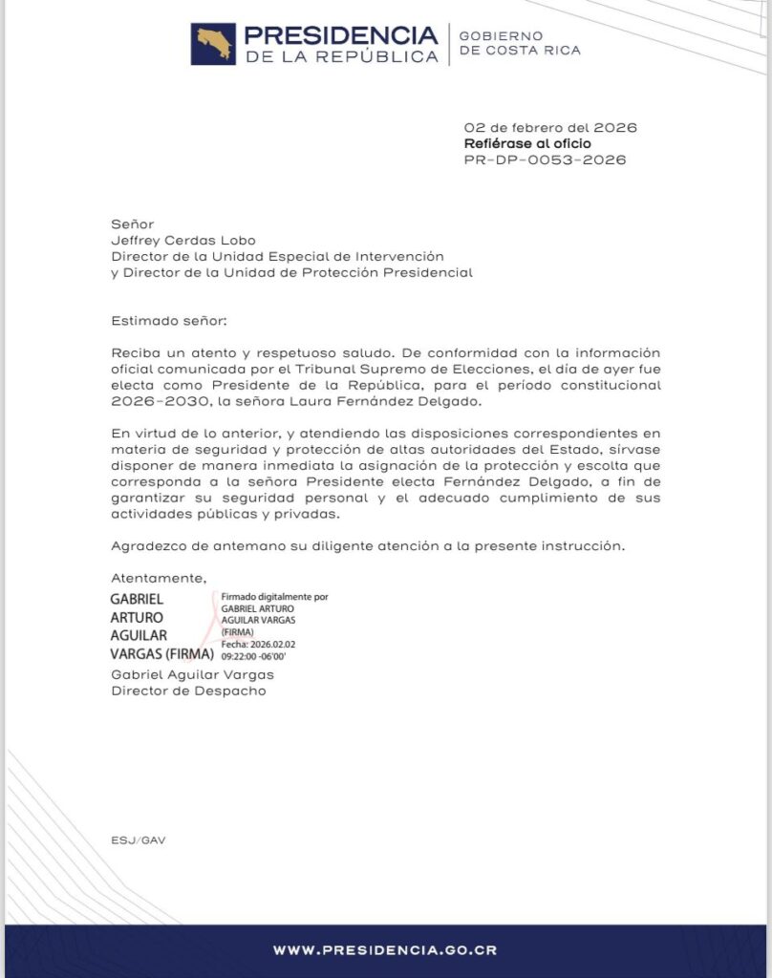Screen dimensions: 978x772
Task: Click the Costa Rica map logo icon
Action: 213,45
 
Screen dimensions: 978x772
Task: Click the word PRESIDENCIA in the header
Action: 340,35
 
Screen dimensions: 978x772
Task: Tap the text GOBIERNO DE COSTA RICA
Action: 519,43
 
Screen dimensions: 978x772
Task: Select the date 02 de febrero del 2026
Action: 550,127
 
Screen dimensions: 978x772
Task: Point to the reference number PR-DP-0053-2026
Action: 545,159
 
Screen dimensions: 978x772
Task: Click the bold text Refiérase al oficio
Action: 527,143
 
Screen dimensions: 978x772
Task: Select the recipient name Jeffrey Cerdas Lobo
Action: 183,240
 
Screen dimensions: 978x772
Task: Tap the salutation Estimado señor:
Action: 170,321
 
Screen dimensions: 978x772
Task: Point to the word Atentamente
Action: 159,578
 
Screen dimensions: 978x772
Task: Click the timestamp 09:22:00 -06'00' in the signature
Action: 253,657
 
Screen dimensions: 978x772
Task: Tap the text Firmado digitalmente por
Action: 274,596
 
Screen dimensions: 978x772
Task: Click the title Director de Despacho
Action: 189,691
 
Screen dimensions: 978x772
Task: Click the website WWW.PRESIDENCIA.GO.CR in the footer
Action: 385,950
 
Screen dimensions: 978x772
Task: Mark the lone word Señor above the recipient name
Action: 133,223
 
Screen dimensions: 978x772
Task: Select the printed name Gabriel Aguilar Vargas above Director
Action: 192,674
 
